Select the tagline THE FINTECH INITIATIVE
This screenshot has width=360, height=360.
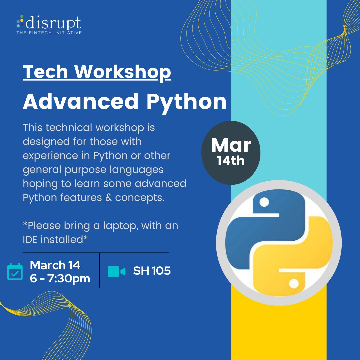coord(49,33)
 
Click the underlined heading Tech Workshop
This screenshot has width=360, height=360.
coord(97,72)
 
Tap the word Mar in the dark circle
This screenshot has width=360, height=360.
coord(231,145)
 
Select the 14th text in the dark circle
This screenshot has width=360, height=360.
coord(231,161)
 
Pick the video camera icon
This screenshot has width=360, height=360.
coord(116,271)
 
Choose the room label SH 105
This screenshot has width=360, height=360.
coord(152,271)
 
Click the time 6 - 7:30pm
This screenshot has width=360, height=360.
coord(60,278)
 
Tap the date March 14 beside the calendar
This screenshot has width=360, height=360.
coord(55,265)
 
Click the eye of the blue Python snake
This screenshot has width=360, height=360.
coord(264,202)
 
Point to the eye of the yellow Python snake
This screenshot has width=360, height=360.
coord(294,283)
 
